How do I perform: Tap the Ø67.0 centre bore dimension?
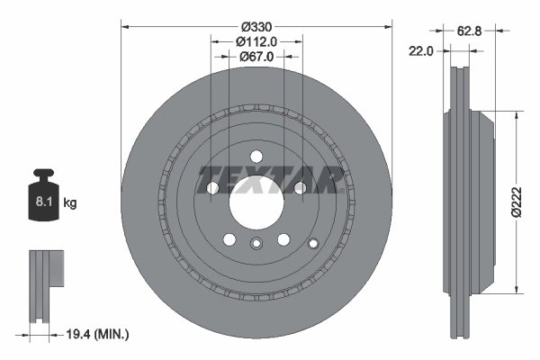pos(256,56)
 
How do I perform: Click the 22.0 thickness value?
pos(423,51)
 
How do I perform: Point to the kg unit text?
pos(70,203)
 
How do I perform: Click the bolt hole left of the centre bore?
pos(213,188)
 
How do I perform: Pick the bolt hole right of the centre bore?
pos(300,188)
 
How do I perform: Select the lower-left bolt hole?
pos(229,239)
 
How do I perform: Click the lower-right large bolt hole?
pos(283,239)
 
